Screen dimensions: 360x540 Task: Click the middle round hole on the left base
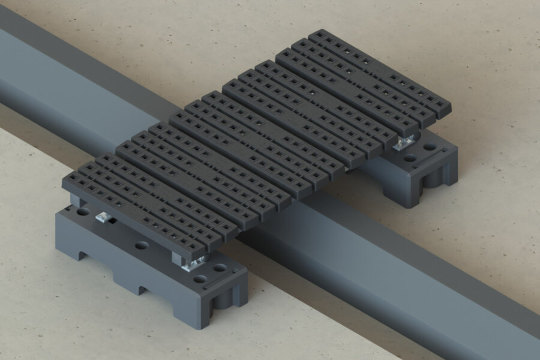tap(142, 245)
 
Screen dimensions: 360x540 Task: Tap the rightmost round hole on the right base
tap(431, 146)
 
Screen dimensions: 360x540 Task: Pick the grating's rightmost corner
tap(451, 110)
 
